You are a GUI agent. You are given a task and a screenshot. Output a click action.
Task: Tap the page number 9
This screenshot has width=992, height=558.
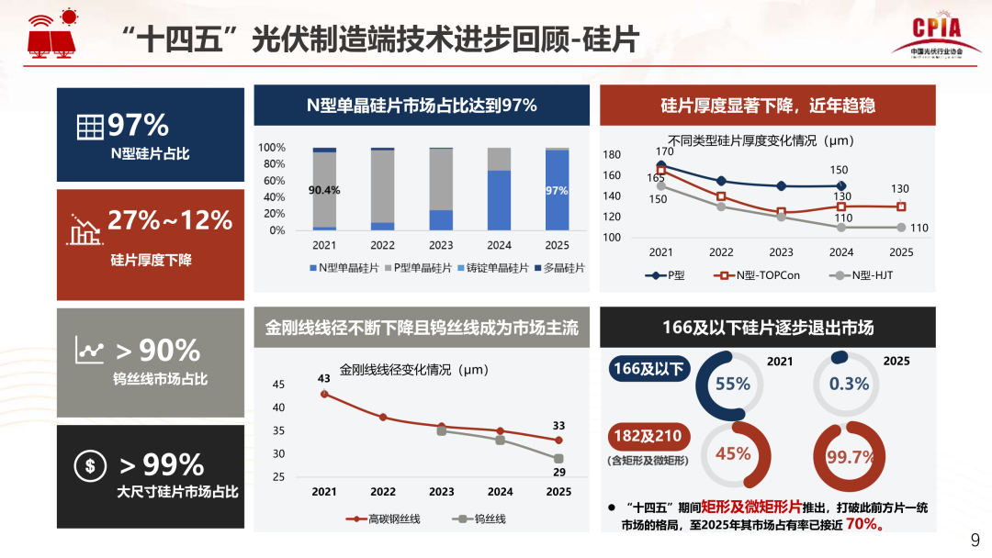(975, 539)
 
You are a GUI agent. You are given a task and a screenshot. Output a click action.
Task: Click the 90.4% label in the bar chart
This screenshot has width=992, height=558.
(324, 191)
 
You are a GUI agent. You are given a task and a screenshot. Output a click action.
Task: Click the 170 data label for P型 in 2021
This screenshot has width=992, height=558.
(664, 151)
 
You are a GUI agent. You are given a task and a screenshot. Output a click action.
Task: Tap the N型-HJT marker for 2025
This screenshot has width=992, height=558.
(901, 228)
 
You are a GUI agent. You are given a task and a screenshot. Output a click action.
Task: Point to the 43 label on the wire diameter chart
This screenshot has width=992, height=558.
(323, 378)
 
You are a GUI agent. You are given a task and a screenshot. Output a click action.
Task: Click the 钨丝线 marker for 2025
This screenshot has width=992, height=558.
(558, 458)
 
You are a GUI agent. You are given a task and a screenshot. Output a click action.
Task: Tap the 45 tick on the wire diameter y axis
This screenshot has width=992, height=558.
(279, 385)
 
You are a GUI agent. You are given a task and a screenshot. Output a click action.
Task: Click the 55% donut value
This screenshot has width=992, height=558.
(733, 385)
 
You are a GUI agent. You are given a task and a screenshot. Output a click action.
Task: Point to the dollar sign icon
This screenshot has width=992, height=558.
(90, 465)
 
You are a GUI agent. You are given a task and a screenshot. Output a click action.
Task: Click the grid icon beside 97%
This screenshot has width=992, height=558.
(89, 128)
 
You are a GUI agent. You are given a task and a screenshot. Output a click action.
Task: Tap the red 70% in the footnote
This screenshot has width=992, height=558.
(862, 525)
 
